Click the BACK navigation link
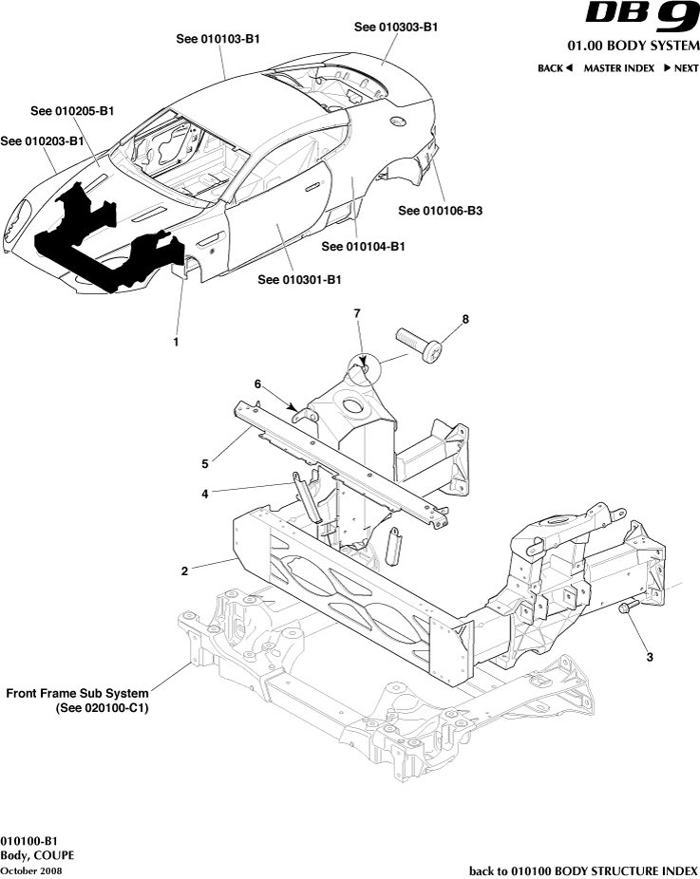coord(555,68)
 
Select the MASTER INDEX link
coord(618,68)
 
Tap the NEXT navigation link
coord(680,68)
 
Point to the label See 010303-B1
coord(396,28)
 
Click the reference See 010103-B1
coord(218,39)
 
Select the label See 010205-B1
coord(72,111)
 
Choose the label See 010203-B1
coord(42,141)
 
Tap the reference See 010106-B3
coord(441,211)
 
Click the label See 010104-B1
coord(364,247)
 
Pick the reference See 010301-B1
coord(299,280)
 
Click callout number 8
coord(465,320)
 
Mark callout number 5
coord(204,464)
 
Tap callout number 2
coord(184,571)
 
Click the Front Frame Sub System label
coord(77,701)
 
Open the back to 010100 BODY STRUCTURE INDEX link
coord(583,870)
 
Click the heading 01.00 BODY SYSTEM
coord(633,46)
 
